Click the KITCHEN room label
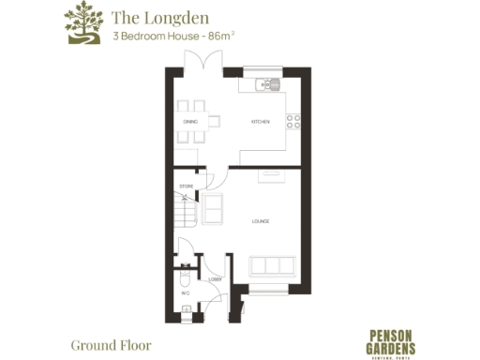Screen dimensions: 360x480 pos(260,123)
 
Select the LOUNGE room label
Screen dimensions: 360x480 pos(261,221)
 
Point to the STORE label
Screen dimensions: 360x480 pos(185,187)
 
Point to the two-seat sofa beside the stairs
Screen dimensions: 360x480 pos(213,208)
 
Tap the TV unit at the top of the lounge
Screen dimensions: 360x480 pos(271,173)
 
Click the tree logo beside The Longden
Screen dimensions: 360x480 pos(82,24)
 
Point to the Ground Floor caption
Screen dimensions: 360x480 pos(111,344)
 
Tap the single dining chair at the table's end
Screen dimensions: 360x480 pos(215,120)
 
